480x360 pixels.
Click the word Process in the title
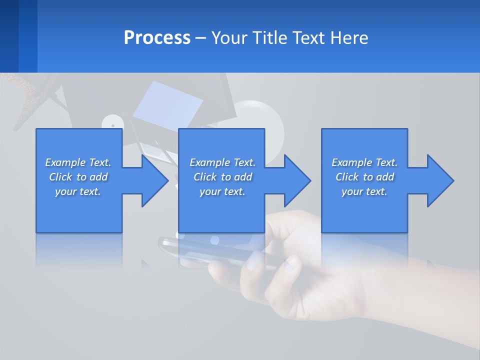157,38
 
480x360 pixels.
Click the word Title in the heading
270,38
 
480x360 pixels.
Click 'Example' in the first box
64,162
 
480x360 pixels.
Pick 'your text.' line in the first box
78,191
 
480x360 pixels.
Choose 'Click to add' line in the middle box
222,177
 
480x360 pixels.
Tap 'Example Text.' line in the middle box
222,162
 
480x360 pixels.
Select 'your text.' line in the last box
364,191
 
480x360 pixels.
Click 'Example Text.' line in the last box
364,162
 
